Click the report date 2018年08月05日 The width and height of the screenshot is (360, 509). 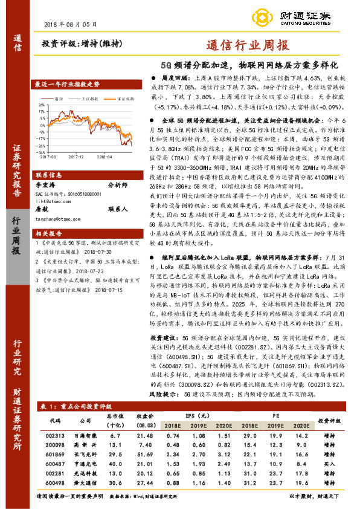coord(71,24)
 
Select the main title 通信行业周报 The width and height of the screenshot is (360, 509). coord(248,45)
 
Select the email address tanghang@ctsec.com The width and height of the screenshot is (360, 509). coord(60,220)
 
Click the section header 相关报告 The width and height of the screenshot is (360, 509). coord(48,233)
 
